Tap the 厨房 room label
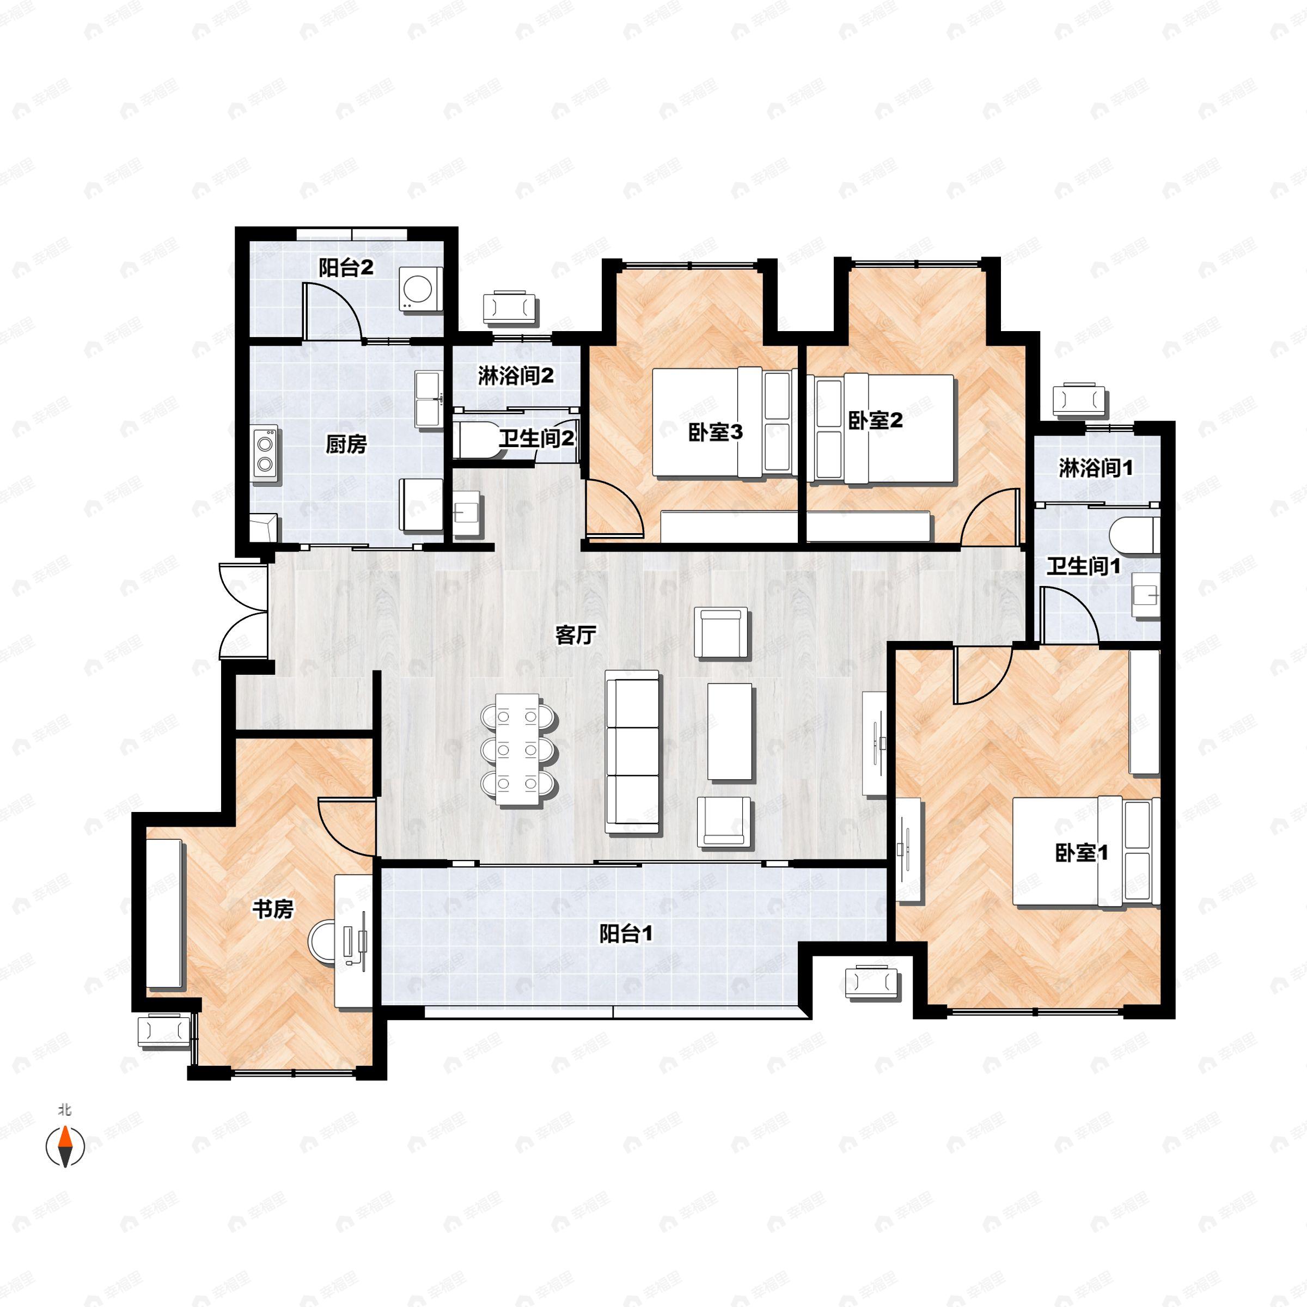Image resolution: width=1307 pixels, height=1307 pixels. (x=346, y=444)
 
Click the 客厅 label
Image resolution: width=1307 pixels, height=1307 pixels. (x=575, y=634)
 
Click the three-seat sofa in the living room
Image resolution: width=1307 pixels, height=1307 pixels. (x=632, y=752)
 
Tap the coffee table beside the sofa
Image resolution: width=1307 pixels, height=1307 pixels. (x=729, y=732)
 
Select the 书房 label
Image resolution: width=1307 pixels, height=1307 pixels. (x=273, y=910)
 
